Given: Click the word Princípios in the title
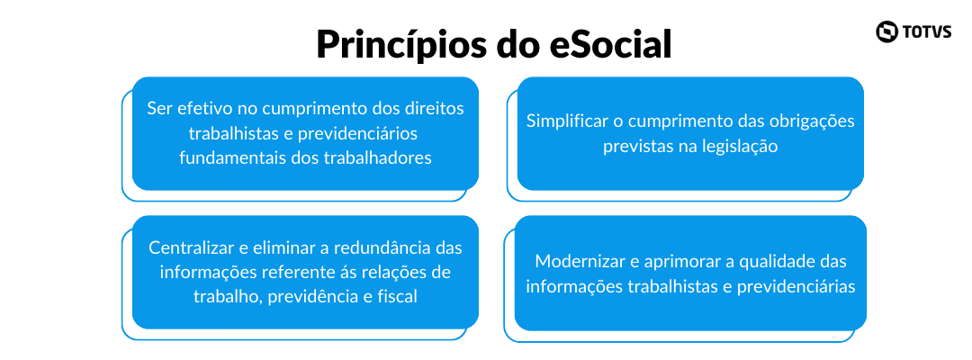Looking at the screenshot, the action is click(x=395, y=45).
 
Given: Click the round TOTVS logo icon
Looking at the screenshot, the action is click(x=887, y=31).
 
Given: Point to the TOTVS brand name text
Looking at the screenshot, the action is click(x=927, y=31).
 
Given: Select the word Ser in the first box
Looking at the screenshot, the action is click(x=159, y=108).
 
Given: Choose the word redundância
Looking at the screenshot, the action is click(x=374, y=247).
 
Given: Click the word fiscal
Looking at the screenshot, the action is click(x=396, y=297).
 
